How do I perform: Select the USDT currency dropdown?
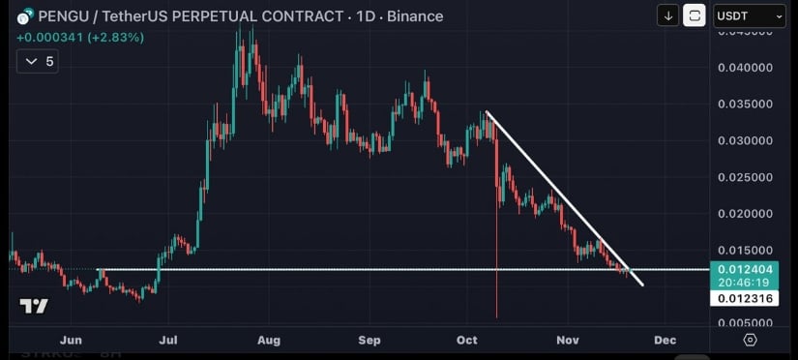[749, 15]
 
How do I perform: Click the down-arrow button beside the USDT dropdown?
[667, 15]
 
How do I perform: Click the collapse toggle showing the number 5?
[40, 61]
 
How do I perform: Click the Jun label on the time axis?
[71, 341]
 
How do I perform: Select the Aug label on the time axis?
[269, 341]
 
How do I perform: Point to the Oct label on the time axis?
[468, 341]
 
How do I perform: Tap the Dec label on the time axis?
[665, 341]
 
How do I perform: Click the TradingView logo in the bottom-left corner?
[34, 307]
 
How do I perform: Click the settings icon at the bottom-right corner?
[750, 341]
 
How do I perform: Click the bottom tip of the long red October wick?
[496, 317]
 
